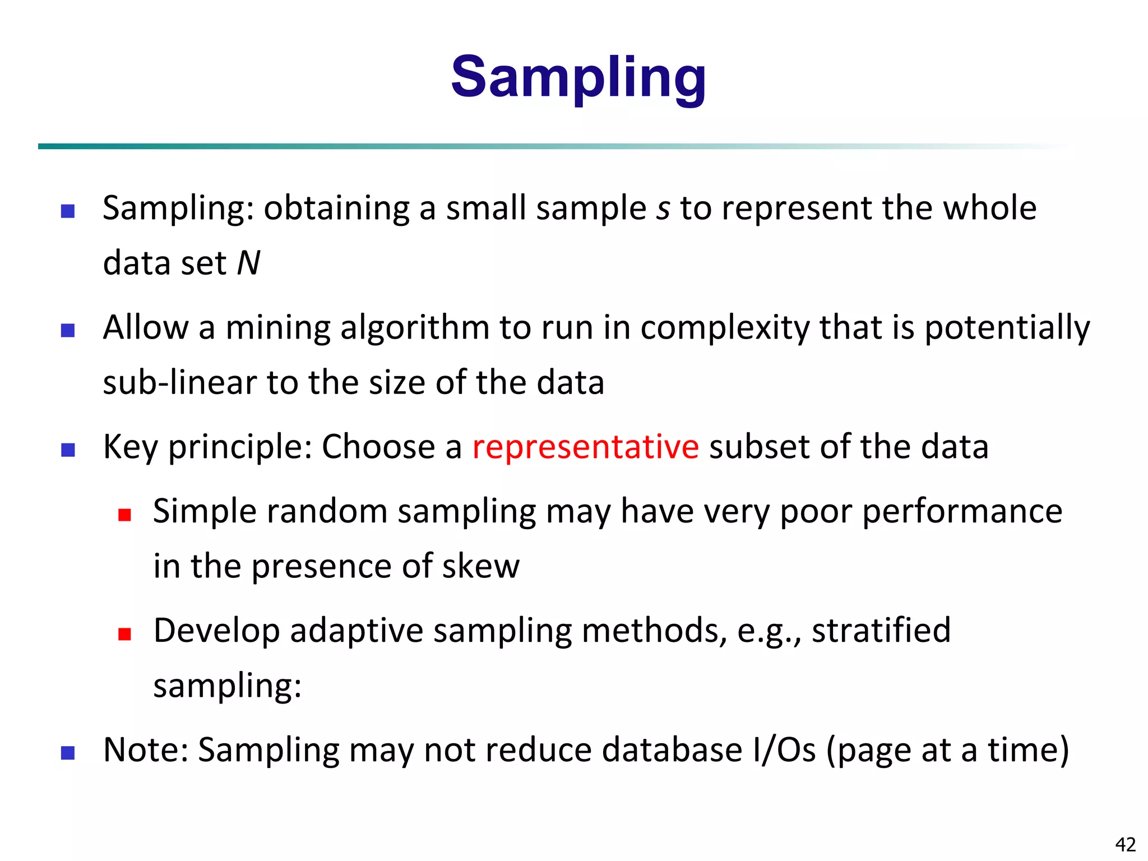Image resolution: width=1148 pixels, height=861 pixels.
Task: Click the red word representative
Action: [585, 447]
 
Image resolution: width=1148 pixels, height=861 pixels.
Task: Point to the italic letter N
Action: [248, 263]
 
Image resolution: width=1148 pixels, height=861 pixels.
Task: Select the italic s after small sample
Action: [663, 209]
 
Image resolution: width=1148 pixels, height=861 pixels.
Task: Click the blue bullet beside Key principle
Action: [68, 450]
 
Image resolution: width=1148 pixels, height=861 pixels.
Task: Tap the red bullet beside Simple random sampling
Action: [124, 515]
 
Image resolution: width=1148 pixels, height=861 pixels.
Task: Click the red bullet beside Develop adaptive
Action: [124, 634]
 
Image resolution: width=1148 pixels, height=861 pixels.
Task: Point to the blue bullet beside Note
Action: [68, 753]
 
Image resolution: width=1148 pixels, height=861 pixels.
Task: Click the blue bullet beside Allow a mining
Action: [68, 331]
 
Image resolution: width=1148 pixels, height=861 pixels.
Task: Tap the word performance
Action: [962, 511]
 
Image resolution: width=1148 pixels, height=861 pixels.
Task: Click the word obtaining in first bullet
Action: [336, 209]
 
